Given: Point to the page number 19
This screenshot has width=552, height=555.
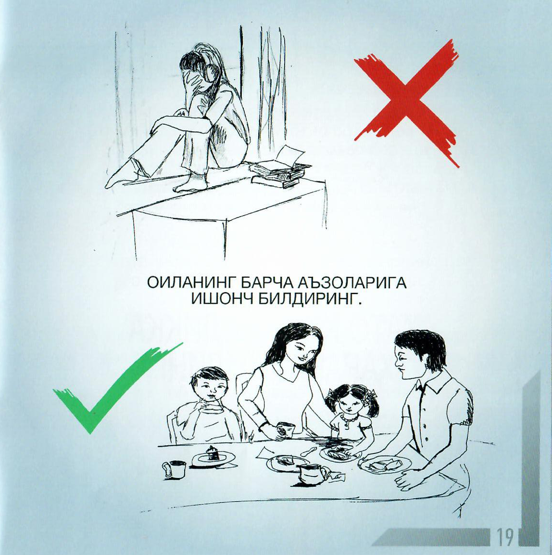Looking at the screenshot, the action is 506,537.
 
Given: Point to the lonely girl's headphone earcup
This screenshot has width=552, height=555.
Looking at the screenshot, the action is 205,73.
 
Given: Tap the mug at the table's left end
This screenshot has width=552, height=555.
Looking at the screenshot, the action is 175,469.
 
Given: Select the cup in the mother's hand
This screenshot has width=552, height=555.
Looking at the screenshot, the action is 285,430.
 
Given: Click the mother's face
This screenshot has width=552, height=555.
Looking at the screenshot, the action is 303,350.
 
